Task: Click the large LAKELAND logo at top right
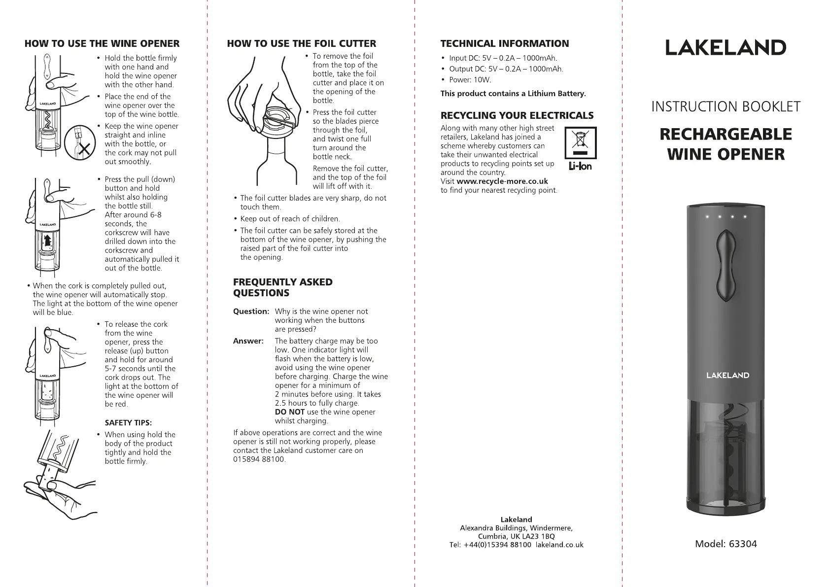(726, 48)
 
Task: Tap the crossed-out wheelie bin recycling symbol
(580, 142)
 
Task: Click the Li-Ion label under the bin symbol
(580, 167)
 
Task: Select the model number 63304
(741, 544)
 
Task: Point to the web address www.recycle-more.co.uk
(502, 181)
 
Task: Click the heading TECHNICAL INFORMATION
(504, 43)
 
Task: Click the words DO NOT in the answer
(289, 412)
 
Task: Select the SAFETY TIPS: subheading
(128, 423)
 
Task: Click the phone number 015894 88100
(259, 459)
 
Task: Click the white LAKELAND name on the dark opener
(727, 375)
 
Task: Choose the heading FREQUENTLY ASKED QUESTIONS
(282, 287)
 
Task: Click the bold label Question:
(251, 311)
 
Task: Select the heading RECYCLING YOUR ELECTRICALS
(517, 115)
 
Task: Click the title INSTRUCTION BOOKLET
(726, 107)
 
